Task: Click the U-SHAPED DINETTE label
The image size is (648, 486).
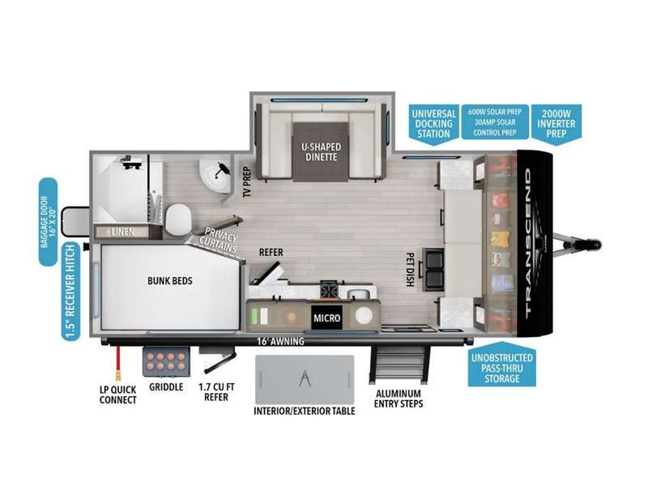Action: point(321,151)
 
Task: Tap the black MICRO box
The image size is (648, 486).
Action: point(326,318)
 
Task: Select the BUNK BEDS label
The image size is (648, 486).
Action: point(170,280)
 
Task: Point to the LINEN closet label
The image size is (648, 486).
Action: point(123,232)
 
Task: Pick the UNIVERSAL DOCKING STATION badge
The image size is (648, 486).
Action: point(433,124)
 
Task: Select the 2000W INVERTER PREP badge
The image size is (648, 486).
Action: point(556,123)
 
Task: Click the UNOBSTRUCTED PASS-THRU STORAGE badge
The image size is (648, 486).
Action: point(501,365)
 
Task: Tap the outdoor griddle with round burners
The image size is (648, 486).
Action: point(166,361)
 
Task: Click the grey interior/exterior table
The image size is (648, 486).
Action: point(305,379)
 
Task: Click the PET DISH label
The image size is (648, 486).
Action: point(410,270)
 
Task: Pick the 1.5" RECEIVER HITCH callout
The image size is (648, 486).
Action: point(70,292)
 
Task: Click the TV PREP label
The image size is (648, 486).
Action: point(247,181)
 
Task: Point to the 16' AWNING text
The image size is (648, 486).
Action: point(280,341)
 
